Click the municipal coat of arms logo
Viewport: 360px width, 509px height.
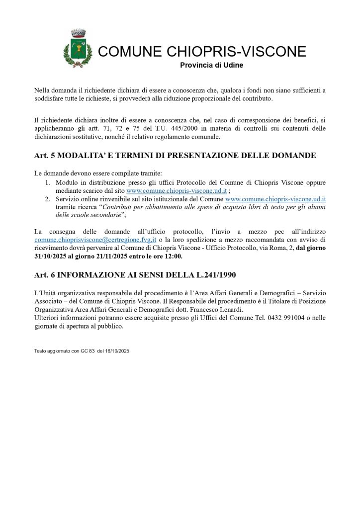[78, 48]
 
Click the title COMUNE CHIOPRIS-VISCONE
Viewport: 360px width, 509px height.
[202, 51]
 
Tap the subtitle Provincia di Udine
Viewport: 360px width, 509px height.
[211, 65]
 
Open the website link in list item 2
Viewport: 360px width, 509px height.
[275, 199]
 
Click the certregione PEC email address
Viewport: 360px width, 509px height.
[95, 240]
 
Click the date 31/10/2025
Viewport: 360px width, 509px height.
[51, 256]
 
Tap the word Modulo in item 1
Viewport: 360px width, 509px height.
[67, 182]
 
